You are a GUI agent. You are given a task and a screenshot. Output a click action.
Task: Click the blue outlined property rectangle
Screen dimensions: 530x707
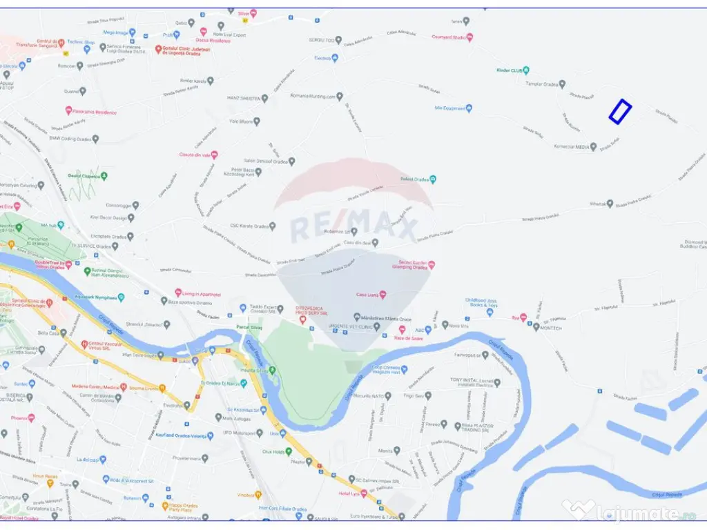coord(620,111)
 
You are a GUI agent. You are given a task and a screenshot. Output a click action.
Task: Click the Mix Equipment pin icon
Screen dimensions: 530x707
coord(469,108)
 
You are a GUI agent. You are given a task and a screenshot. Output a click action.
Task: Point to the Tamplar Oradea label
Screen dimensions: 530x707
coord(541,84)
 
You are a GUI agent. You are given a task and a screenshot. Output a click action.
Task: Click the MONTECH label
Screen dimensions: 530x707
coord(556,328)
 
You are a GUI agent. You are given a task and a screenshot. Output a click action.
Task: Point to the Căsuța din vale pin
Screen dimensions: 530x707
coord(214,155)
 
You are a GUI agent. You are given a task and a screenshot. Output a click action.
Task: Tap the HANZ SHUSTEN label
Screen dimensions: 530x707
coord(244,98)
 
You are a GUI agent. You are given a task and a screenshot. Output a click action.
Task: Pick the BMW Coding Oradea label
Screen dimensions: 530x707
coord(71,138)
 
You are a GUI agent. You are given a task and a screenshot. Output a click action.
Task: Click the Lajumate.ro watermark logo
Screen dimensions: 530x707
coord(635,512)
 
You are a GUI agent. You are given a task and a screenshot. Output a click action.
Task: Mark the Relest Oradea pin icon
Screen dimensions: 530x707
coord(433,179)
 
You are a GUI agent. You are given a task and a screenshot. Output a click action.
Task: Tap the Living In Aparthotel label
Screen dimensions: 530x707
coord(201,294)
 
